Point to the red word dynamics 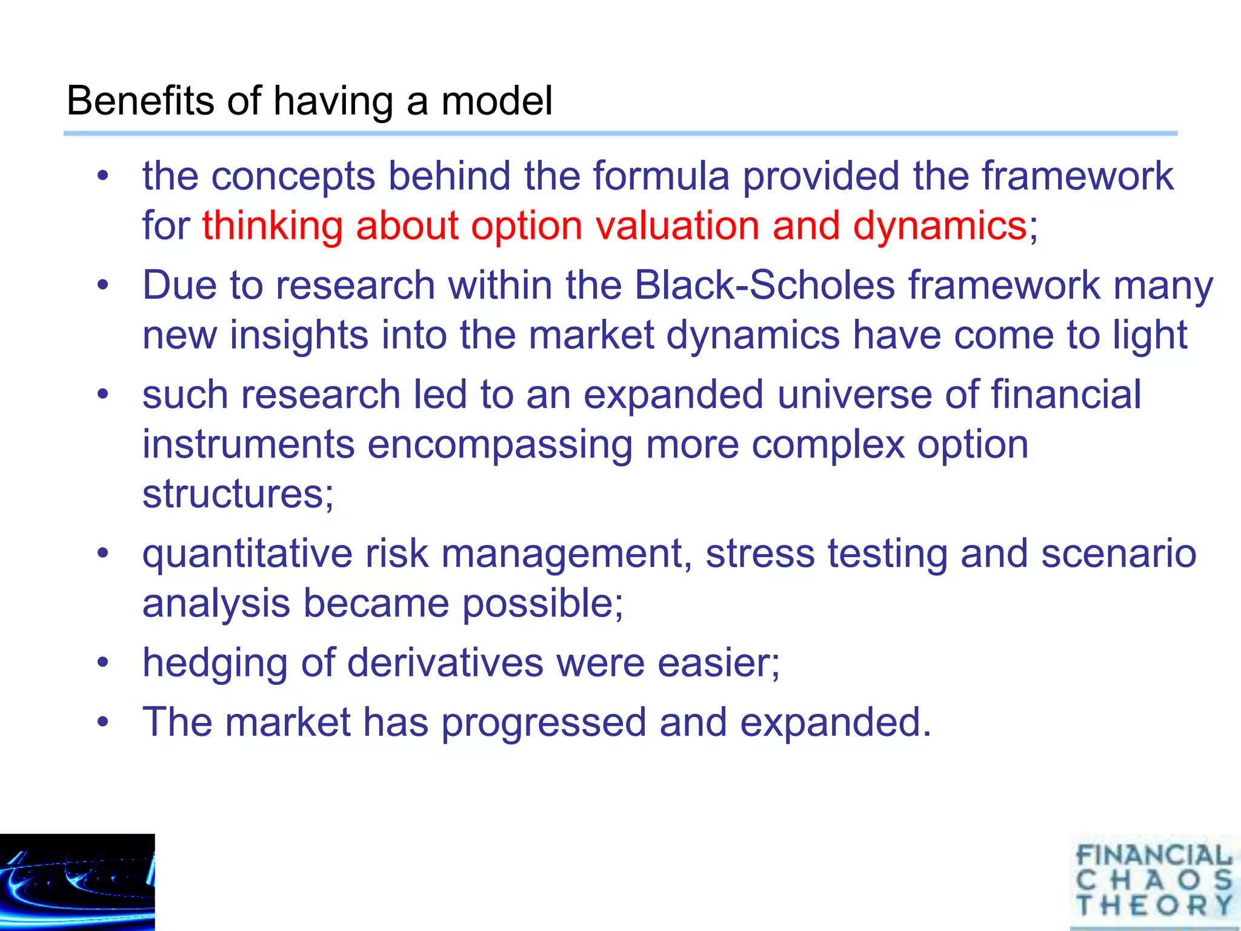(x=939, y=226)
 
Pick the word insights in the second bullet (x=299, y=335)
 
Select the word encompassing (x=500, y=444)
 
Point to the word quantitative (x=247, y=554)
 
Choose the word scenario (x=1119, y=554)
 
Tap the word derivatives (x=445, y=663)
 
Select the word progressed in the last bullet (x=544, y=722)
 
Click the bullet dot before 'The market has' (x=103, y=722)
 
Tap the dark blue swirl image (x=77, y=882)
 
